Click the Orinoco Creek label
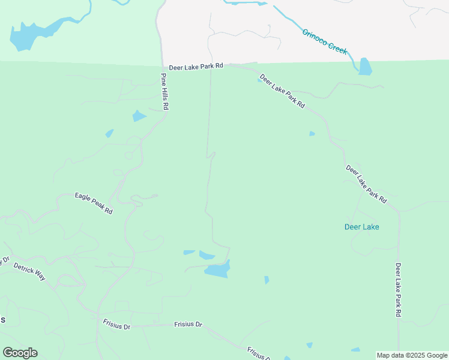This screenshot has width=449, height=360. click(325, 41)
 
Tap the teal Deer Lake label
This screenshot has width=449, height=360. click(362, 227)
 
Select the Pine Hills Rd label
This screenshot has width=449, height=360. click(164, 91)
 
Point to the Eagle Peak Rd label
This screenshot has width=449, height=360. click(94, 203)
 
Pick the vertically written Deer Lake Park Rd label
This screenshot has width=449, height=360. click(398, 289)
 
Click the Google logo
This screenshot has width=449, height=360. click(20, 353)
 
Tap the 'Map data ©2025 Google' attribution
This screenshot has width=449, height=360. click(412, 355)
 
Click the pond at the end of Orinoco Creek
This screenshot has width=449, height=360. click(365, 67)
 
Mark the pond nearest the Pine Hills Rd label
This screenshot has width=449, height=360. click(139, 116)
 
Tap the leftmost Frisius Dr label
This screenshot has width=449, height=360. click(116, 326)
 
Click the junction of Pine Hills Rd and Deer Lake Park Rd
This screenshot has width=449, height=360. click(162, 67)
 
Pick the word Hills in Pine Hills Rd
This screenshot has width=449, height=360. click(164, 92)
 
